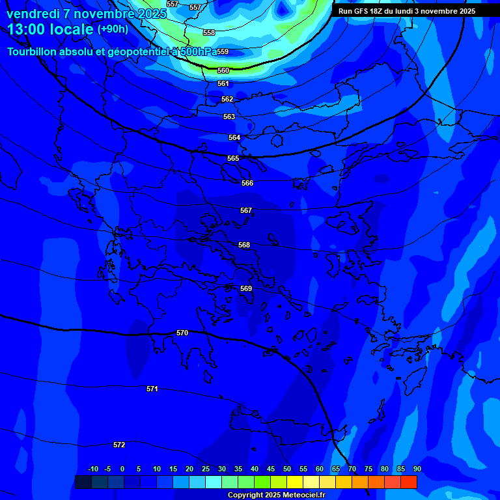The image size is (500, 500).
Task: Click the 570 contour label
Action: tap(182, 333)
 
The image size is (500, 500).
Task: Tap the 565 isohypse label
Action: tap(233, 158)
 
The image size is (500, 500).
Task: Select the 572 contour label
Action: tap(119, 445)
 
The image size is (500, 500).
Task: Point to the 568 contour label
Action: tap(244, 245)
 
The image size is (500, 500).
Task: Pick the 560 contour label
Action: tap(223, 70)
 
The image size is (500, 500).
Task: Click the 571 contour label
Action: tap(152, 389)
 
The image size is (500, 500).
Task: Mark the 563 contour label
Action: tap(229, 117)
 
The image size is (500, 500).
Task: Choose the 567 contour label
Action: tap(246, 210)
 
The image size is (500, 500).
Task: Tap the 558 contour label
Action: tap(209, 33)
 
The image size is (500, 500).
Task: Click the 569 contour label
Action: tap(246, 288)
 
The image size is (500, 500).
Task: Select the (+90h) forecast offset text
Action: tap(113, 29)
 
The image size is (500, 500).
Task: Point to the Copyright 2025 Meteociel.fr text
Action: tap(276, 495)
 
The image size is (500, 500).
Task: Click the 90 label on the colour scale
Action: tap(417, 469)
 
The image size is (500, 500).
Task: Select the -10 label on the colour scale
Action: tap(93, 469)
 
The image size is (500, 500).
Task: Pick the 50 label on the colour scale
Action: tap(286, 469)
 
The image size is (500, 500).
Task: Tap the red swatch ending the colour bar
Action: tap(409, 482)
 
